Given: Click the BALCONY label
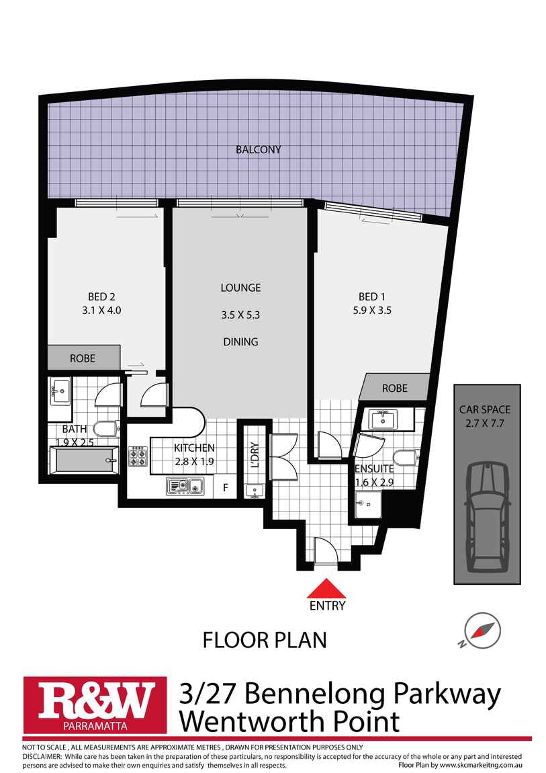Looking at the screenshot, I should tap(258, 149).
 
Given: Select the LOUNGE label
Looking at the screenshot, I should tap(240, 288).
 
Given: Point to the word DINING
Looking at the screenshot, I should tap(240, 341).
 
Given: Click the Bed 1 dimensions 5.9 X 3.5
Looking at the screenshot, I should tap(376, 311).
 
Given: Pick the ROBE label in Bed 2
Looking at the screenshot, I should tap(83, 358).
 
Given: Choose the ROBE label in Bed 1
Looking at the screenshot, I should tap(394, 389).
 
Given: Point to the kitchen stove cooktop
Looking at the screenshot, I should tap(138, 456).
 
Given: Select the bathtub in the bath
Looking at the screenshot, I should tap(83, 462).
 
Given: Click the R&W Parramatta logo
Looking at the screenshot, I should tap(95, 704).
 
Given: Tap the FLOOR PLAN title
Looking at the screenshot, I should tap(265, 640).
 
